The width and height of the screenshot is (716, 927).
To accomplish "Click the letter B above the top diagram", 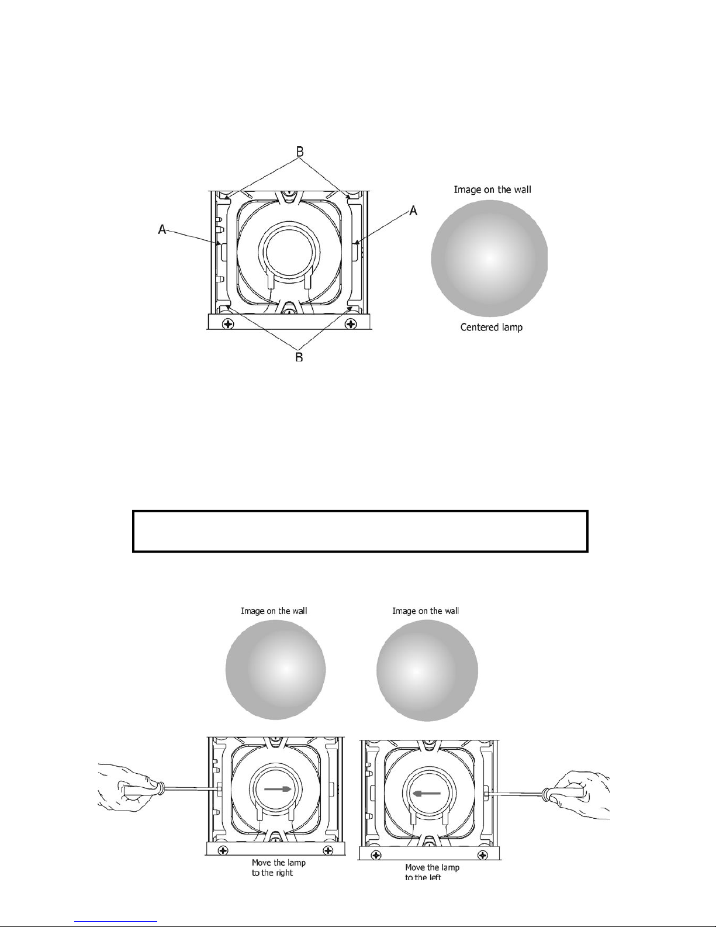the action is click(300, 151).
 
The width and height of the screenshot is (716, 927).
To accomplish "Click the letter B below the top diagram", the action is click(299, 356).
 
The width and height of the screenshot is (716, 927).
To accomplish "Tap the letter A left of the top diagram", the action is click(162, 229).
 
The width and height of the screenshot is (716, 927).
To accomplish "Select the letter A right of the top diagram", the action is click(413, 211).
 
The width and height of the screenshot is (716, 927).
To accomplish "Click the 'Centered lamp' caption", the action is click(492, 327).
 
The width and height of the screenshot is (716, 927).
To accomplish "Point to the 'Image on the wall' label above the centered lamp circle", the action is click(492, 189).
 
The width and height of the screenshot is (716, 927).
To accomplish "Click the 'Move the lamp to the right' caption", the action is click(279, 868).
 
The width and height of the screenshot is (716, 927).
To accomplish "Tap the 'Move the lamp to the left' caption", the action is click(432, 873).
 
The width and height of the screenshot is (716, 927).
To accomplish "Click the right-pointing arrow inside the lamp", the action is click(278, 789).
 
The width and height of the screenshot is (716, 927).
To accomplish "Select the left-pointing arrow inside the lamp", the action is click(427, 794).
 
